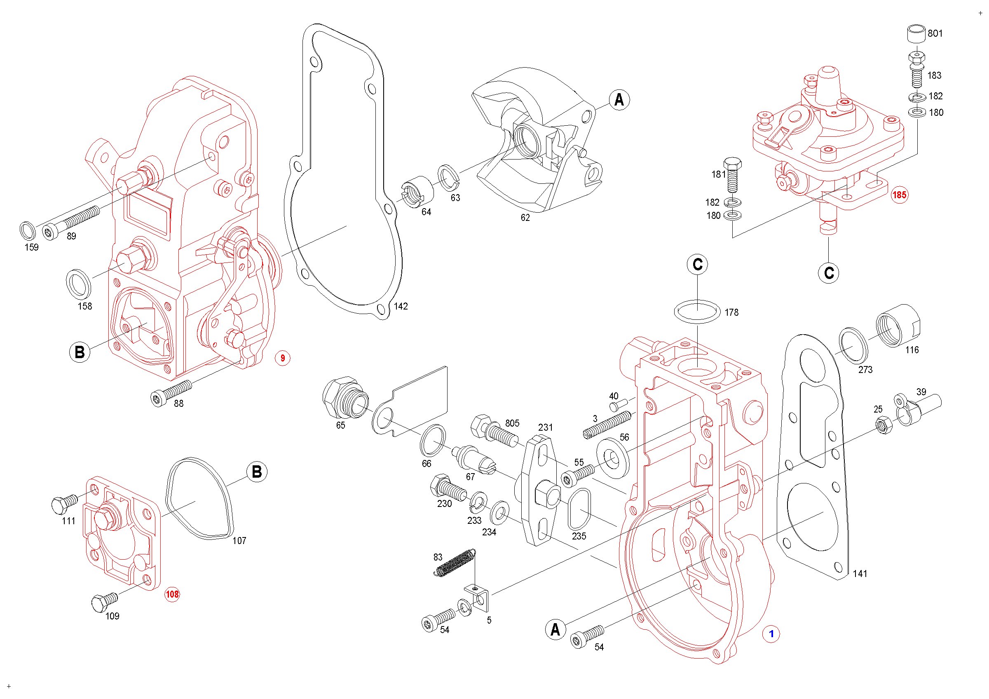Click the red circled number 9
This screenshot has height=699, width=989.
pyautogui.click(x=283, y=358)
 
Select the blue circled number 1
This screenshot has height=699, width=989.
pyautogui.click(x=771, y=633)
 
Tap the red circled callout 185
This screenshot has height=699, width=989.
pyautogui.click(x=899, y=195)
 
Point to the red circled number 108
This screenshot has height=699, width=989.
pyautogui.click(x=172, y=594)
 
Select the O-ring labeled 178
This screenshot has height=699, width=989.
pyautogui.click(x=697, y=312)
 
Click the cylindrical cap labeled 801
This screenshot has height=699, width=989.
pyautogui.click(x=916, y=34)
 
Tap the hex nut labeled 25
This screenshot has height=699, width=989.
pyautogui.click(x=884, y=425)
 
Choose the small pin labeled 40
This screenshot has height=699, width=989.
pyautogui.click(x=619, y=405)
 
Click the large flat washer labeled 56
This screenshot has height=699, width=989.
pyautogui.click(x=613, y=458)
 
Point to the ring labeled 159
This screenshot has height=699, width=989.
pyautogui.click(x=28, y=231)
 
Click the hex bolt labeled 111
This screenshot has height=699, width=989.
pyautogui.click(x=63, y=504)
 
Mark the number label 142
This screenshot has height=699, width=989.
pyautogui.click(x=401, y=306)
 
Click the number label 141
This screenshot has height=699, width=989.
pyautogui.click(x=860, y=574)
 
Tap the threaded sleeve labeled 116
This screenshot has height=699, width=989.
pyautogui.click(x=897, y=326)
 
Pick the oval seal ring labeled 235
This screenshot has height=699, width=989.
pyautogui.click(x=579, y=509)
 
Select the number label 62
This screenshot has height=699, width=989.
pyautogui.click(x=525, y=218)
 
